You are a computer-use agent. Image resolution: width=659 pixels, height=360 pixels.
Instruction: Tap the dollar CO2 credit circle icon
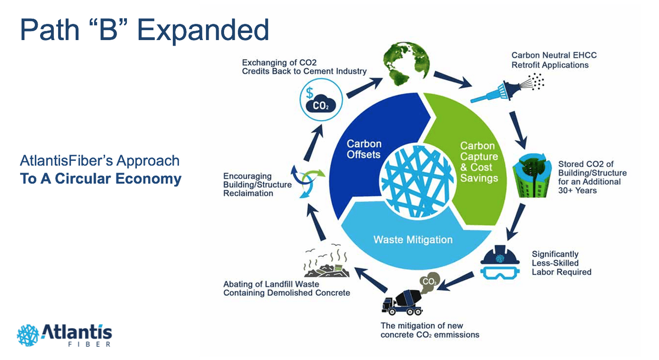coord(321,100)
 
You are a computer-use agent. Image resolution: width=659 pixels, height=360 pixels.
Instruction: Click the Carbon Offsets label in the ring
coord(364,149)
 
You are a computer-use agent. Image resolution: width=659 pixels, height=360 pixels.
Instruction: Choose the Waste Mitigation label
coord(413,239)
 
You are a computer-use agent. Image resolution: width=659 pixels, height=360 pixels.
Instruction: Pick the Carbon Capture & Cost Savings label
coord(478,162)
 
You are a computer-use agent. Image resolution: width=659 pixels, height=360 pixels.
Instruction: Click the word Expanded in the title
coord(203,30)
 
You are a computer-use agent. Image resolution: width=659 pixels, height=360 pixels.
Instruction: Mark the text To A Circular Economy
coord(100,179)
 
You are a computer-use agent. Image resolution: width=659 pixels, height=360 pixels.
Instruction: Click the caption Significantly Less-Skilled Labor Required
coord(561,263)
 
